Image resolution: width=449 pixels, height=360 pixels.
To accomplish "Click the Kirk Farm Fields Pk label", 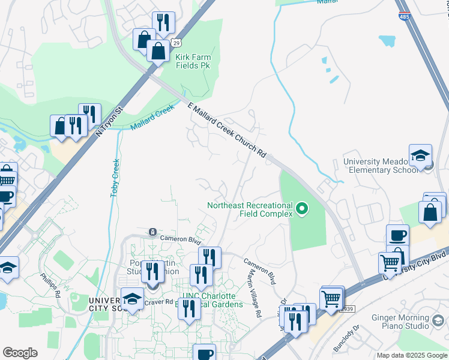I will point(193,61).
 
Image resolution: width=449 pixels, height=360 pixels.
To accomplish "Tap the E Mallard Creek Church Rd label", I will point(226,130).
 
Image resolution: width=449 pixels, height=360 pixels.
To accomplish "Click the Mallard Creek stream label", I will point(152,118).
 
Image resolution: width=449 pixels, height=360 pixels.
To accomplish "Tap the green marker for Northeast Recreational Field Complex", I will point(303,209).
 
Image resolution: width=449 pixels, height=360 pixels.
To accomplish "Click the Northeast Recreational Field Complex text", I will point(250,209).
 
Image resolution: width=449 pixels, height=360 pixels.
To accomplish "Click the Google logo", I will point(20,353).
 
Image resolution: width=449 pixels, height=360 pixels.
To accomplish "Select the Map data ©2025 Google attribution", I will point(411,355).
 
